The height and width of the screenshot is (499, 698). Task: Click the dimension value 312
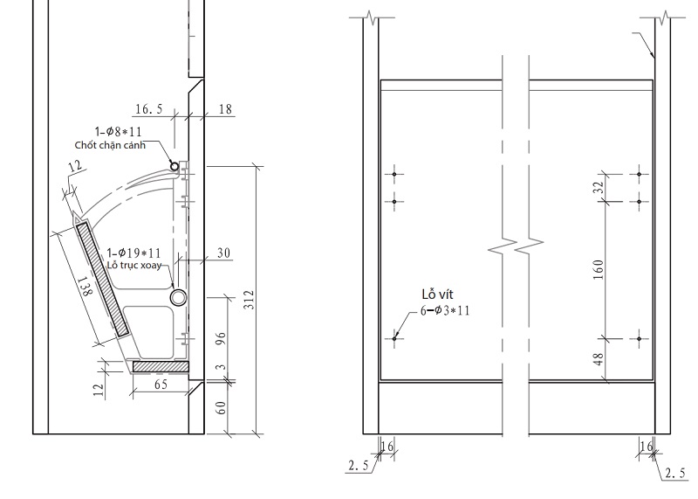click(x=250, y=300)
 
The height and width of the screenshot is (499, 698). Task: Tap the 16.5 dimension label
click(x=149, y=109)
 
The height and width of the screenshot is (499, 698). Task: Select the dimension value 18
click(x=225, y=109)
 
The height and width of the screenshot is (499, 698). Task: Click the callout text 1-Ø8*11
click(x=119, y=132)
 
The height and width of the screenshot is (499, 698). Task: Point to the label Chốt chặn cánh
click(x=110, y=145)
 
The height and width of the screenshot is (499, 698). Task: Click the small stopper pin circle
click(x=174, y=167)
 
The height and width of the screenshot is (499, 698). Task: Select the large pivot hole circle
click(x=179, y=297)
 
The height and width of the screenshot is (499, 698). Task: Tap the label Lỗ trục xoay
click(x=134, y=265)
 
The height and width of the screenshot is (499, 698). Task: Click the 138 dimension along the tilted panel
click(x=85, y=287)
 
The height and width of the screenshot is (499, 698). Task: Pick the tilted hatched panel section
click(x=102, y=279)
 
